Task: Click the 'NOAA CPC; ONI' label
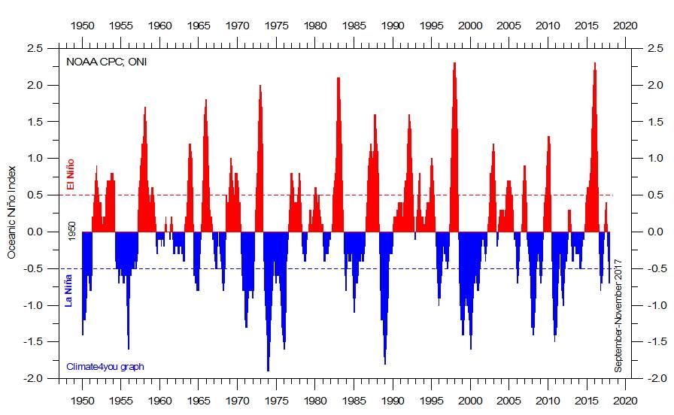tap(106, 62)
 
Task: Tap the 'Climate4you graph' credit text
tap(105, 366)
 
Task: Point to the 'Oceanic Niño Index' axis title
tap(12, 213)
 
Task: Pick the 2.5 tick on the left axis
tap(34, 48)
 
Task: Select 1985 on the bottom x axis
tap(354, 402)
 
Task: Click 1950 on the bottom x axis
tap(82, 402)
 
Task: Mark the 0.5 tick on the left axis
tap(34, 195)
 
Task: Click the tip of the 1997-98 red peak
tap(454, 64)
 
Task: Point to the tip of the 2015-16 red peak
tap(594, 64)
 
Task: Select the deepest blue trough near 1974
tap(268, 370)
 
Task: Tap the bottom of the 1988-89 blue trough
tap(385, 363)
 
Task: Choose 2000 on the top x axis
tap(471, 26)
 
